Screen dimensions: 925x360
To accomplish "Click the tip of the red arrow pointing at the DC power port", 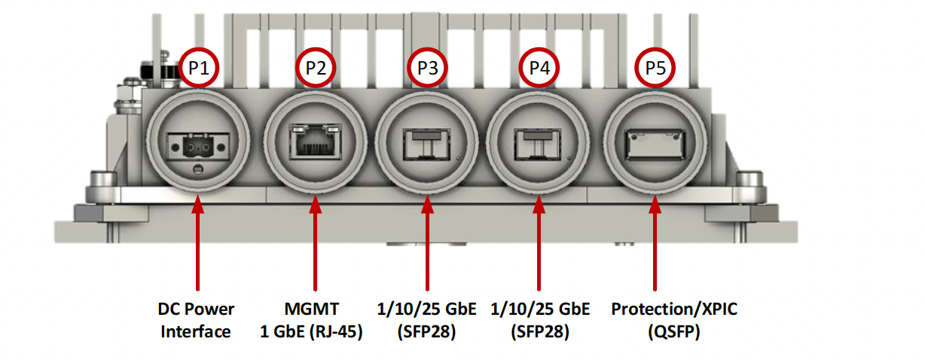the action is point(198,195).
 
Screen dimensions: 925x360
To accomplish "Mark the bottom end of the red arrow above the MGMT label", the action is point(315,291).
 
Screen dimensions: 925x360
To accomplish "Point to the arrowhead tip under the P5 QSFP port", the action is point(655,195).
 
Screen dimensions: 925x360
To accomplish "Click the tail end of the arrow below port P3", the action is point(427,291).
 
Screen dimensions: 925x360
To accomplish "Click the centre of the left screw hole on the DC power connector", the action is point(175,148).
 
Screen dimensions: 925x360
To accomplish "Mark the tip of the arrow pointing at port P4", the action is point(539,195).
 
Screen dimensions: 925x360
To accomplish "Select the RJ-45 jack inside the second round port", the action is point(316,141).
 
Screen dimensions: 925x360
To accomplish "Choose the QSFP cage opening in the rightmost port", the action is point(655,144).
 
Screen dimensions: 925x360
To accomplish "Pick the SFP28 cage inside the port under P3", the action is point(426,144).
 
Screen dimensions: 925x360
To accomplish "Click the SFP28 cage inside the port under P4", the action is point(537,144).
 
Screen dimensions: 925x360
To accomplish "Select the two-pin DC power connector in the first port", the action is point(198,147).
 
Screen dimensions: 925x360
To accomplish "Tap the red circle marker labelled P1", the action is point(199,68).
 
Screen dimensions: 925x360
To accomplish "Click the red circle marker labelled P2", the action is point(316,68).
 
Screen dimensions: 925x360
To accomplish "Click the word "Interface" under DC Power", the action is point(196,332).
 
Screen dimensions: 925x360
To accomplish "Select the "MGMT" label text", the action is point(312,310).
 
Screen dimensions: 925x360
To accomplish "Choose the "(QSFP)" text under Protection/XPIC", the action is point(674,332).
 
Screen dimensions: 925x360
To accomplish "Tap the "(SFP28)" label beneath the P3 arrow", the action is point(426,332).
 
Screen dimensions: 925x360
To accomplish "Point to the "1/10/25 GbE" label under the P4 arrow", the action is point(540,310).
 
